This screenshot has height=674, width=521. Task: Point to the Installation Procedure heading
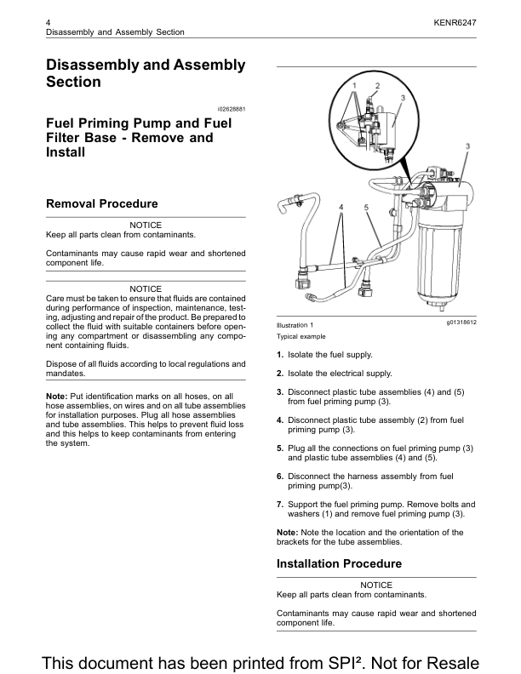[x=339, y=563]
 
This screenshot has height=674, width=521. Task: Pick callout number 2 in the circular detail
[x=377, y=86]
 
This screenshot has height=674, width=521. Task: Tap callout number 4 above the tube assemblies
[x=341, y=207]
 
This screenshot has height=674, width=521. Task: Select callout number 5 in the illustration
[x=366, y=207]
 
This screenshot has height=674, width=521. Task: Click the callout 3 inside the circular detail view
[x=402, y=98]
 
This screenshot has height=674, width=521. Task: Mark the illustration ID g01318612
[x=461, y=323]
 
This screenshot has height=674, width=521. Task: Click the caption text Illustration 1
[x=295, y=325]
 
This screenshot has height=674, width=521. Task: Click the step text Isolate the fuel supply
[x=329, y=354]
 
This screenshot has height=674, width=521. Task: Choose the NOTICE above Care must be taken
[x=146, y=289]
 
